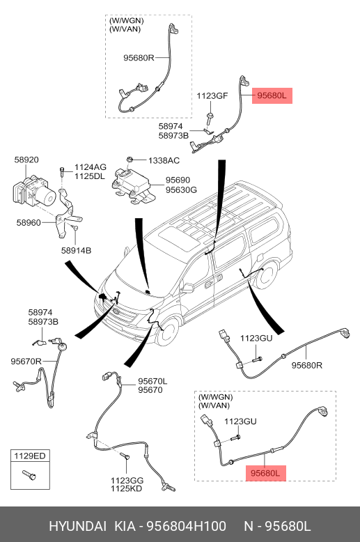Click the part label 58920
click(x=26, y=160)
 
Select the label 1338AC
click(x=164, y=161)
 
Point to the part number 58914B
click(x=77, y=250)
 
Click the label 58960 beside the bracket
click(x=29, y=223)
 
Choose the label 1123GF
click(x=212, y=95)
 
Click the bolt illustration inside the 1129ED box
click(x=29, y=475)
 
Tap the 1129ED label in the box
click(x=30, y=456)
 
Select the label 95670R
click(x=26, y=362)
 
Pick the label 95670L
click(x=152, y=381)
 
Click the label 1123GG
click(x=127, y=481)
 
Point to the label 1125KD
click(x=127, y=489)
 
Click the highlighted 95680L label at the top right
click(x=272, y=95)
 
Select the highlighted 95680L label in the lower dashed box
click(x=266, y=473)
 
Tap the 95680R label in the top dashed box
click(x=139, y=58)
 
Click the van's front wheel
click(x=168, y=332)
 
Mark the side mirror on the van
click(x=187, y=288)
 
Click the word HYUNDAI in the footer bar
click(x=78, y=527)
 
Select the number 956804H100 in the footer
click(x=187, y=527)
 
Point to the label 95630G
click(x=181, y=189)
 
